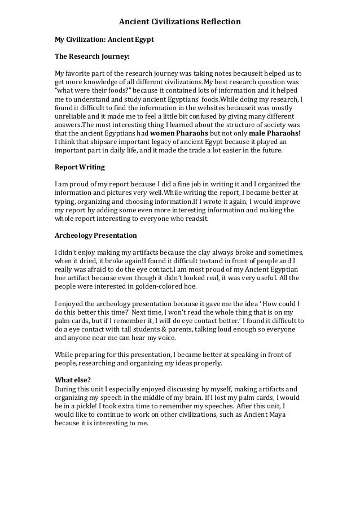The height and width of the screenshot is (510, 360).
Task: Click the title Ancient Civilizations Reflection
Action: pos(179,22)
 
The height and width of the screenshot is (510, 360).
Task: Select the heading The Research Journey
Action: pos(91,57)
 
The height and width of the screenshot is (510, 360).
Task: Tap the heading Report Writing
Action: pos(79,168)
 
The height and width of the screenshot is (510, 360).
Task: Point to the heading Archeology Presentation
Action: pos(95,235)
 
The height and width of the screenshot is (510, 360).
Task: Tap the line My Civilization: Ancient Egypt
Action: pos(103,41)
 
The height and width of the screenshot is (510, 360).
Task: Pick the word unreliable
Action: pos(71,116)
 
